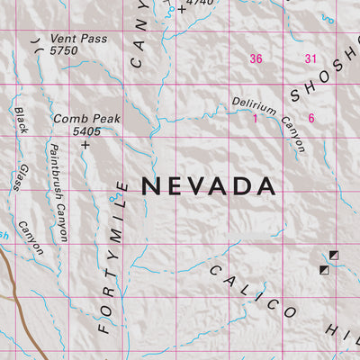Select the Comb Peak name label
pos(85,118)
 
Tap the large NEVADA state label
pos(207,186)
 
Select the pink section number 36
pos(256,58)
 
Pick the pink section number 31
pos(311,58)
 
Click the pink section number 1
pos(255,118)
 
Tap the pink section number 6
pos(311,118)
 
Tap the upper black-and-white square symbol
pos(335,256)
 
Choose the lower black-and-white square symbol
pos(324,268)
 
